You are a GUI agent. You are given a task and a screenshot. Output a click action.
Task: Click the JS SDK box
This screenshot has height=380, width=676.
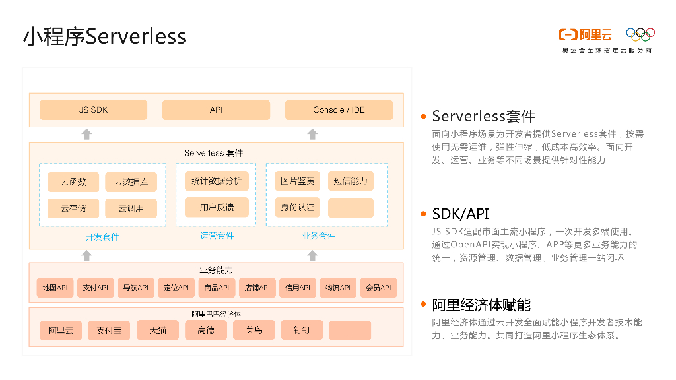(x=93, y=110)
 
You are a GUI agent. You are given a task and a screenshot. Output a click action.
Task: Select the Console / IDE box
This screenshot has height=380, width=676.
(x=339, y=110)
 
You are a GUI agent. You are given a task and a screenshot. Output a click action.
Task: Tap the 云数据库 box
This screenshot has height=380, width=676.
(x=131, y=182)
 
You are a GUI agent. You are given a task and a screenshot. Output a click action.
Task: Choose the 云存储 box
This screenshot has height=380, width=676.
(x=73, y=208)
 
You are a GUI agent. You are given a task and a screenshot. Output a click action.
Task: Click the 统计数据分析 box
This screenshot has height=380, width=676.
(x=217, y=181)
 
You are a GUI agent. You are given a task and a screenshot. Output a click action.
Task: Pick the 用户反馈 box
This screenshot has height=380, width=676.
(x=217, y=207)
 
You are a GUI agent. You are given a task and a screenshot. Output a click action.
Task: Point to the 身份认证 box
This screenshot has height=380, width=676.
(x=297, y=208)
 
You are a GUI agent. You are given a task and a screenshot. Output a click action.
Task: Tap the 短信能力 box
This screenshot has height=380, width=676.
(x=350, y=181)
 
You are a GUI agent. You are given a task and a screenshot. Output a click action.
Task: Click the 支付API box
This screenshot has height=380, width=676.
(x=95, y=288)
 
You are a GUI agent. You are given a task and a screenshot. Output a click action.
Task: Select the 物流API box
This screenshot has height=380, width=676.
(x=337, y=288)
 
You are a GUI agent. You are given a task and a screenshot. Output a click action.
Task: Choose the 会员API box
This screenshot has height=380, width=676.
(x=378, y=288)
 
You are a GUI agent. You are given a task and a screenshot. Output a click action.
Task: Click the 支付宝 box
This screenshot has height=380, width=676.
(x=109, y=331)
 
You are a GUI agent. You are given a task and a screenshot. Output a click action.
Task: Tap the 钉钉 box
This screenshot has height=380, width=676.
(x=302, y=330)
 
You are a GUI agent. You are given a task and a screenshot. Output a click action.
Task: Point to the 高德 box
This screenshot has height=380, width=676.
(x=205, y=330)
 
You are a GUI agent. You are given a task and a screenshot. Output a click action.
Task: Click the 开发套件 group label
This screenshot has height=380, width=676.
(x=102, y=237)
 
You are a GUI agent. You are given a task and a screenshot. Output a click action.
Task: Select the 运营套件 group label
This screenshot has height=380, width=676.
(x=217, y=236)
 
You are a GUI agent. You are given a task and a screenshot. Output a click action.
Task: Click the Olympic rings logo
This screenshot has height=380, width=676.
(x=640, y=34)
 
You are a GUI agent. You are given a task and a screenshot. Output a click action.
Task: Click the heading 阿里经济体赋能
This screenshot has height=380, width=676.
(x=481, y=305)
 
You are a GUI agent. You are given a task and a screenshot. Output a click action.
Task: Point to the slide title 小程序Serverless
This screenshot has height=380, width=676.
(x=104, y=36)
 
